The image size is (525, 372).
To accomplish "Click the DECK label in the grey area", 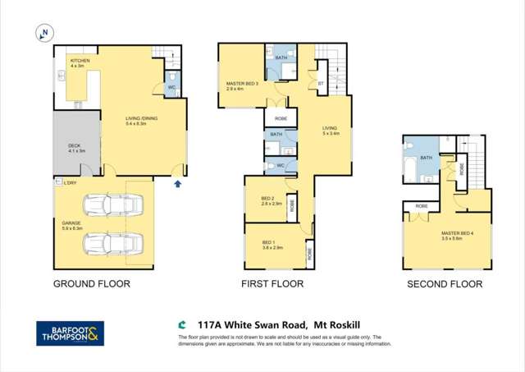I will click(74, 148).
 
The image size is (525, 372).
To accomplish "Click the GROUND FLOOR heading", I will click(91, 284).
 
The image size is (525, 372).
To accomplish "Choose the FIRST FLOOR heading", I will click(272, 284).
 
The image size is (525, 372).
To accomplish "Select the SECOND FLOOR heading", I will click(445, 284).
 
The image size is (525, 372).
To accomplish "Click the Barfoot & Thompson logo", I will click(71, 333).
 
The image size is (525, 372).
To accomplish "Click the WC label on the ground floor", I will click(171, 86).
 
